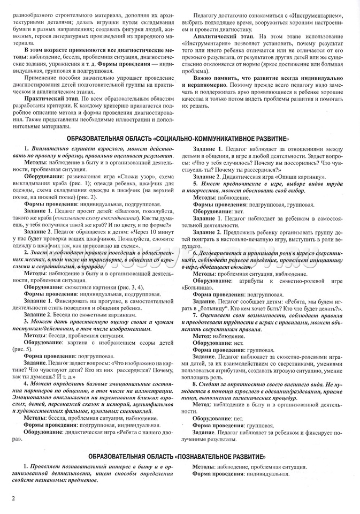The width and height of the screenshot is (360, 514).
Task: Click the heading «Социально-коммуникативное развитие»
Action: [x=180, y=138]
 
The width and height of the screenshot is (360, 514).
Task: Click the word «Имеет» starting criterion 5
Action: [x=211, y=183]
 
